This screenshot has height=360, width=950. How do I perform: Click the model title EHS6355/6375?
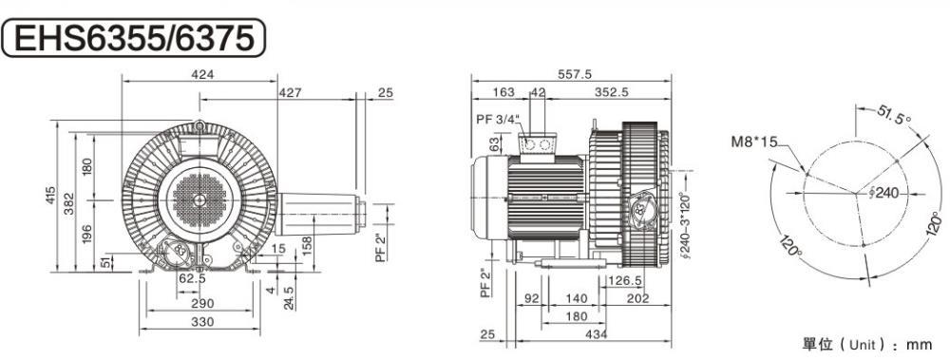click(133, 37)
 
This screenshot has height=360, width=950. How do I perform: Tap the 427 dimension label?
click(291, 92)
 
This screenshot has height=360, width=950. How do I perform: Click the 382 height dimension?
click(70, 201)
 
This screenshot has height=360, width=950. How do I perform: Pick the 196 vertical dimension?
click(88, 233)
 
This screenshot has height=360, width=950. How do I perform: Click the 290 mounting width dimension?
click(199, 303)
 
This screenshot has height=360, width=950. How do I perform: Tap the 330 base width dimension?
click(199, 322)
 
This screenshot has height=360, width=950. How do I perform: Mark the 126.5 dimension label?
click(624, 280)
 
